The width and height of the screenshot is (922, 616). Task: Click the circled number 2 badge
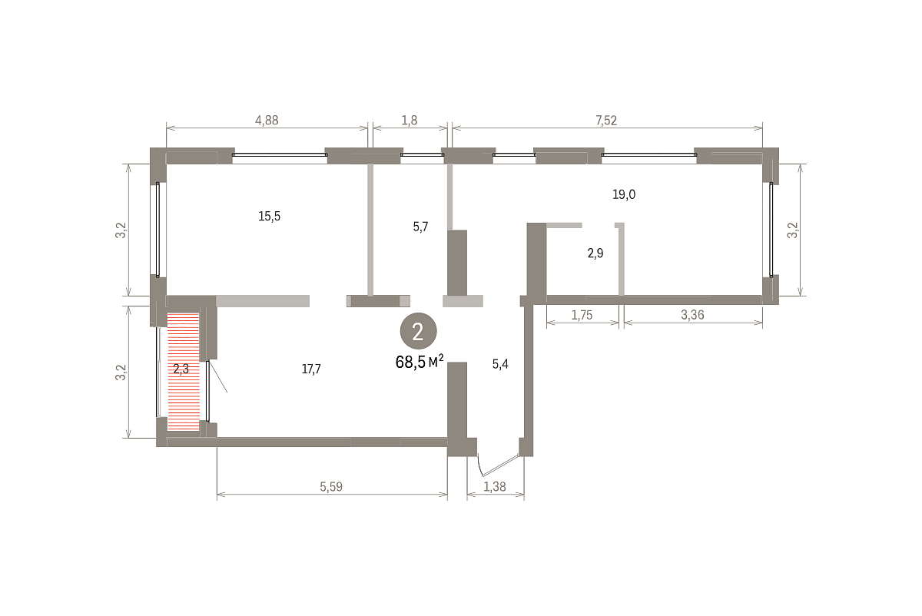418,331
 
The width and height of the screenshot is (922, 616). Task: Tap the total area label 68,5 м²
420,362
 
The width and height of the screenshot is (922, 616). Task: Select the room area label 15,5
269,216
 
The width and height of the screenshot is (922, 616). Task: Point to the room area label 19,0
624,194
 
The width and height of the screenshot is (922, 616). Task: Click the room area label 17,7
311,369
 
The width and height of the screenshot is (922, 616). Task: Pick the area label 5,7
421,227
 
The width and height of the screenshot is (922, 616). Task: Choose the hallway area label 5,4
500,364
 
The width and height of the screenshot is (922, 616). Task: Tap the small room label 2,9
595,253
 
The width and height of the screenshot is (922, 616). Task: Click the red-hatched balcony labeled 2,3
183,372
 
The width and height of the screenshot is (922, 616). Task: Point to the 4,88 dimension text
267,121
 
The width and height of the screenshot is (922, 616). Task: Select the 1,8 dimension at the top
409,121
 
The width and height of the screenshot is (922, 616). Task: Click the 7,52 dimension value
606,121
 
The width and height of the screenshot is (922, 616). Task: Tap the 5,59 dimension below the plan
331,487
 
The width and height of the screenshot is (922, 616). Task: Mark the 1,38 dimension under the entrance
494,487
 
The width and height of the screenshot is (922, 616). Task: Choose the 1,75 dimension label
582,315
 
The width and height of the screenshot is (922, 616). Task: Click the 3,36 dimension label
692,315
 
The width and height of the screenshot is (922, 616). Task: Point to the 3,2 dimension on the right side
792,230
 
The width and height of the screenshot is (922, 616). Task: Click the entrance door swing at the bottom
499,465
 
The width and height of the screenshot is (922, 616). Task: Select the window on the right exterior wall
771,230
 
